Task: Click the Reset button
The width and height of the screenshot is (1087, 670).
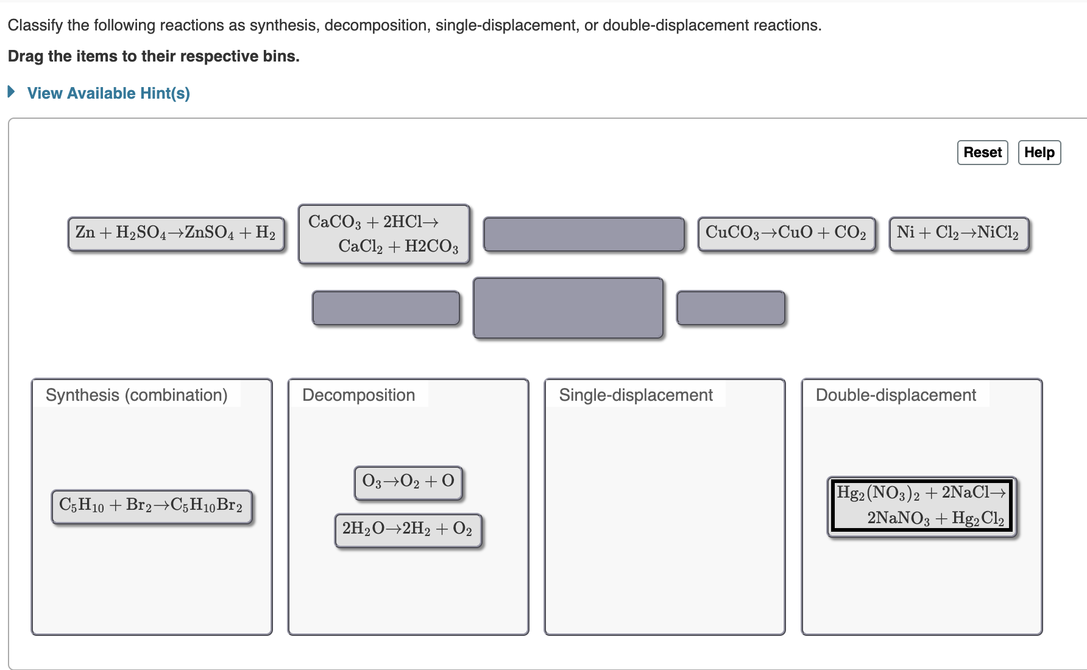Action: tap(982, 152)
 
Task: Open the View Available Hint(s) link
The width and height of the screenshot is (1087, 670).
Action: tap(108, 93)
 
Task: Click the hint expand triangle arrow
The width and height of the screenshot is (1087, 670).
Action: tap(11, 92)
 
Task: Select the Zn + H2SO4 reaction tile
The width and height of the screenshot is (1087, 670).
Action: tap(175, 233)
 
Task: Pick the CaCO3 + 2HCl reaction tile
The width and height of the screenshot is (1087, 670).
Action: tap(383, 234)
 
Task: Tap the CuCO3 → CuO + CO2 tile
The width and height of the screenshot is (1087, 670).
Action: tap(786, 233)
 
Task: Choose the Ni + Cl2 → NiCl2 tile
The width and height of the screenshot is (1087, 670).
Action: tap(958, 233)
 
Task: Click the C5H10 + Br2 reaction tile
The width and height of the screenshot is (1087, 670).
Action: tap(151, 506)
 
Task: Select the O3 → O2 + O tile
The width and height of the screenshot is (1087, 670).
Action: tap(408, 482)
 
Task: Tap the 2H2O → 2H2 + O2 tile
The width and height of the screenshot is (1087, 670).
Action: tap(408, 530)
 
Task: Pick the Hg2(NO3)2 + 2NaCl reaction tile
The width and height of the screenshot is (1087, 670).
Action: tap(921, 506)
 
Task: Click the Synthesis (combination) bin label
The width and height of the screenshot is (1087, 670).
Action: tap(136, 395)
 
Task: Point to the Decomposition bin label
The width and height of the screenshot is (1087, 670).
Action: tap(358, 395)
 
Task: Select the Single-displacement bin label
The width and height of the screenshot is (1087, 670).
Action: tap(636, 395)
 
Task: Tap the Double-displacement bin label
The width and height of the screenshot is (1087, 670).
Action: tap(896, 395)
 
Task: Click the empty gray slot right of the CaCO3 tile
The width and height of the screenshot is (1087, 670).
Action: tap(584, 234)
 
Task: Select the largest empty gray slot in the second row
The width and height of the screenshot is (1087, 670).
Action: tap(568, 308)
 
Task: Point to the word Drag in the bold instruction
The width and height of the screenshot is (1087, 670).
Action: tap(26, 57)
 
